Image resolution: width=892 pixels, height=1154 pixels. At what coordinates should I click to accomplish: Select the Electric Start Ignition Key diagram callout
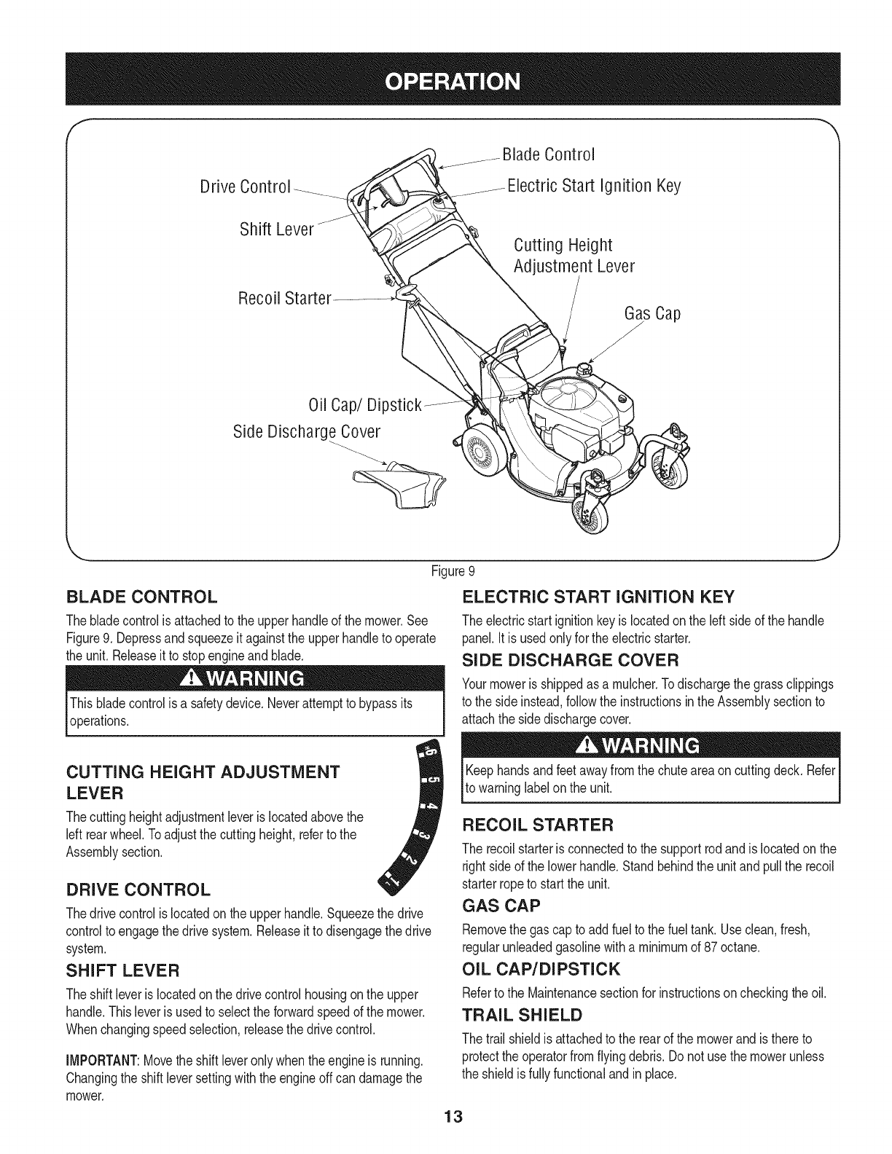point(593,187)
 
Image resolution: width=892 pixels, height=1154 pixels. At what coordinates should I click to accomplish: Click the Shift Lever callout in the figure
point(276,230)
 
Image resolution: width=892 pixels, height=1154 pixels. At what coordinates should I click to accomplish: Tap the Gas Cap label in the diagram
point(652,315)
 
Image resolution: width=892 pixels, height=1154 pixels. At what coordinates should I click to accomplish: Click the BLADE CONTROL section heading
point(141,598)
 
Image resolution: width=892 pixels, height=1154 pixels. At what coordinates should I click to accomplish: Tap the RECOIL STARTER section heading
point(539,825)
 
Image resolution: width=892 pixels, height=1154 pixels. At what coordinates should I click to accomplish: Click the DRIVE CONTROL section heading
point(138,890)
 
